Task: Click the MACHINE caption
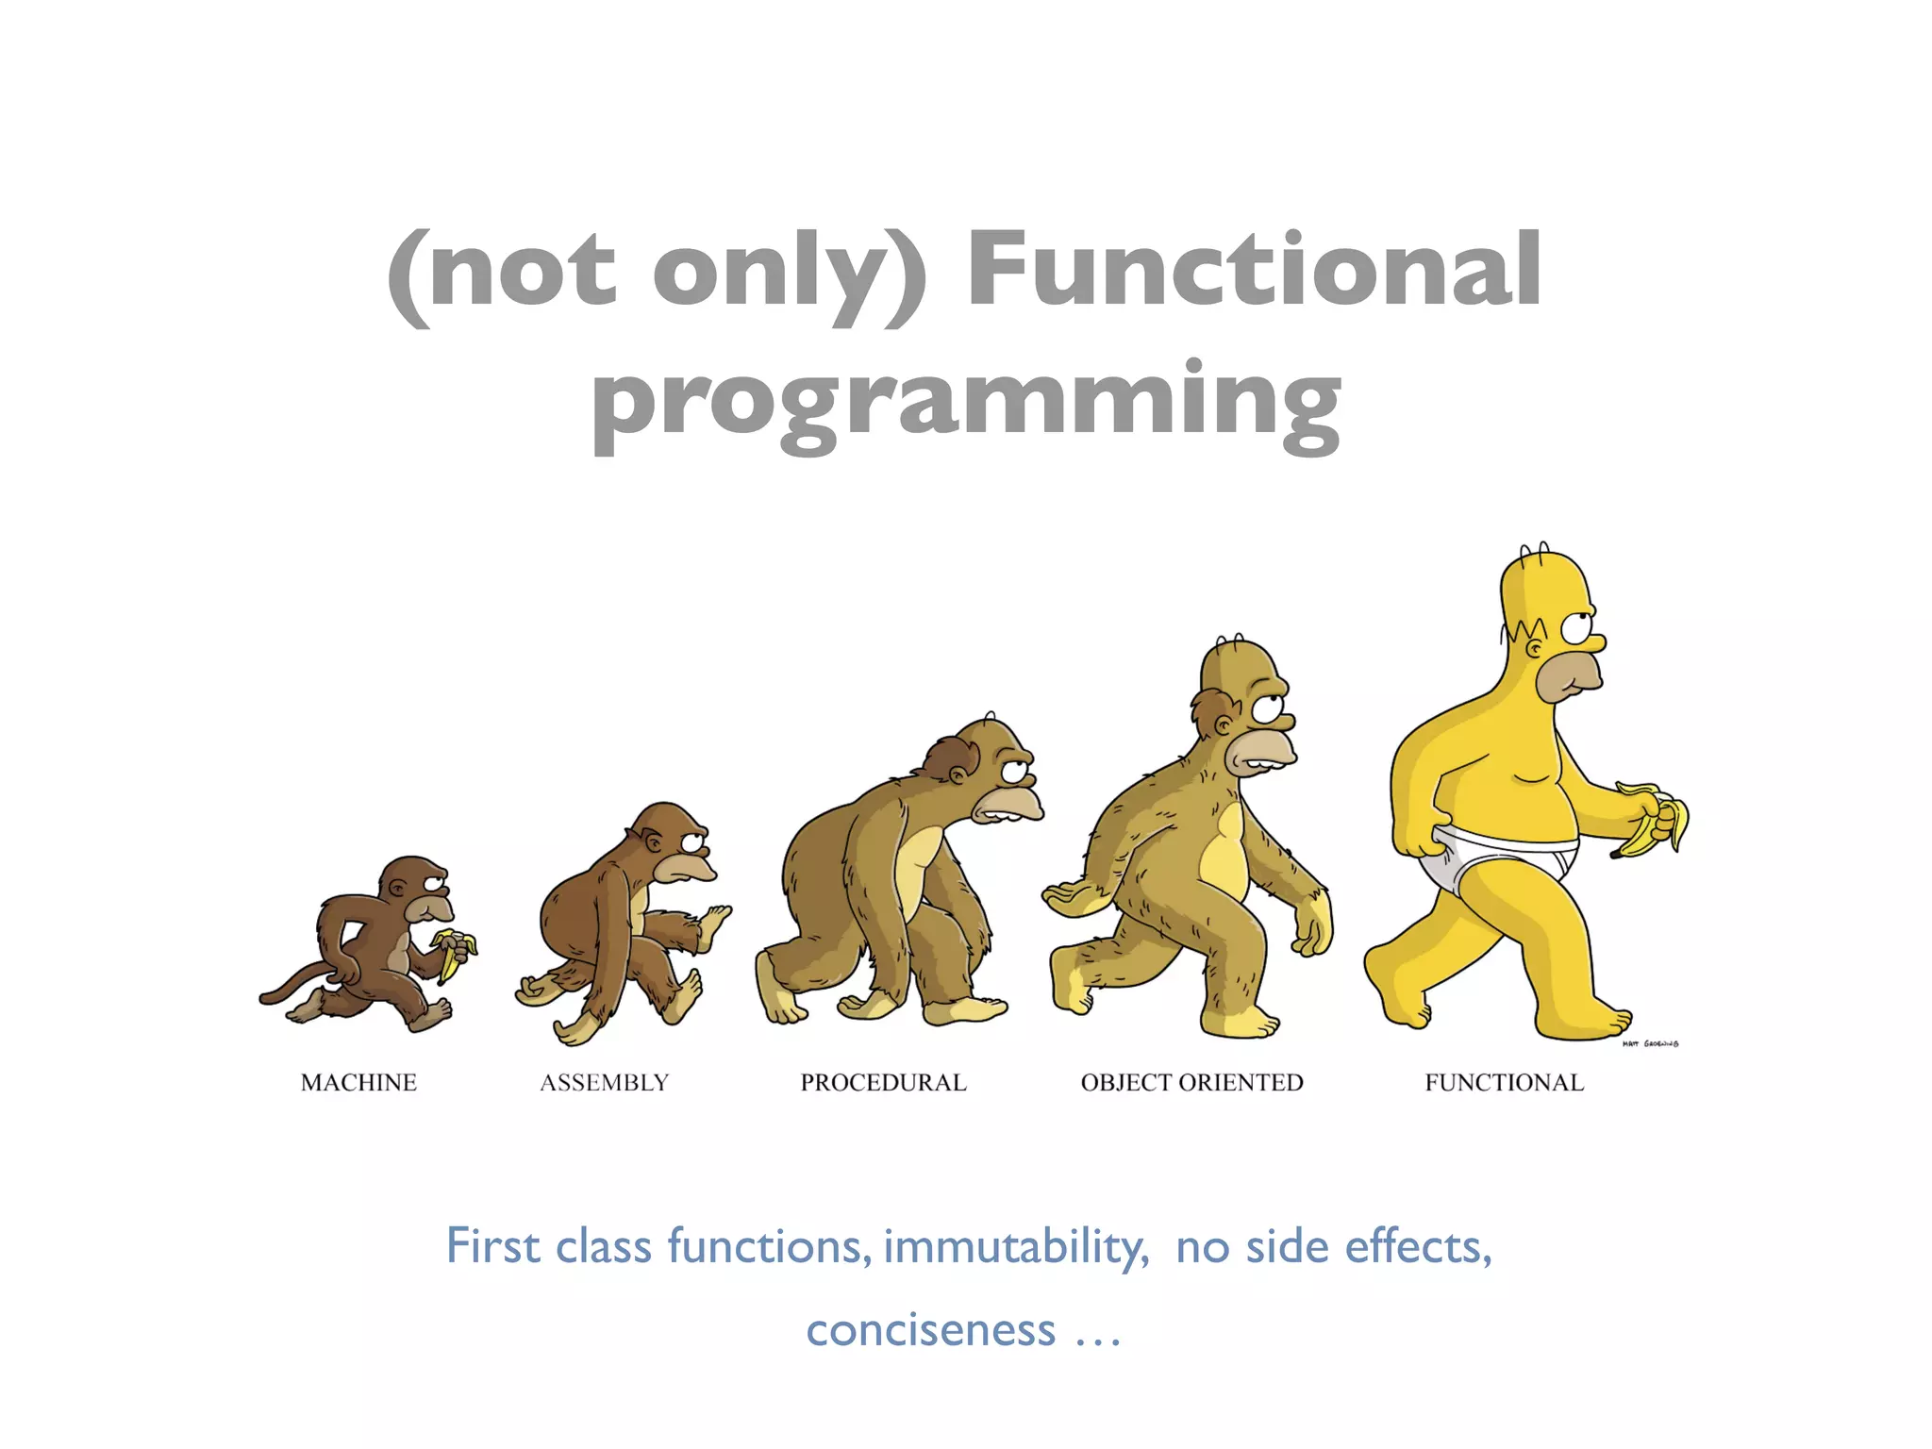click(358, 1082)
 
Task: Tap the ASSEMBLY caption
click(604, 1082)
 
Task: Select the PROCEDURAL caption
click(883, 1082)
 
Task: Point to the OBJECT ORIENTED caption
click(1191, 1082)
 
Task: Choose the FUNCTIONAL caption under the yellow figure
click(1504, 1082)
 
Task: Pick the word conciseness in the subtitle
click(930, 1330)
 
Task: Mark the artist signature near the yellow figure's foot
click(1650, 1043)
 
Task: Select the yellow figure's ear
click(1535, 649)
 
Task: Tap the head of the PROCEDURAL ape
click(986, 764)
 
